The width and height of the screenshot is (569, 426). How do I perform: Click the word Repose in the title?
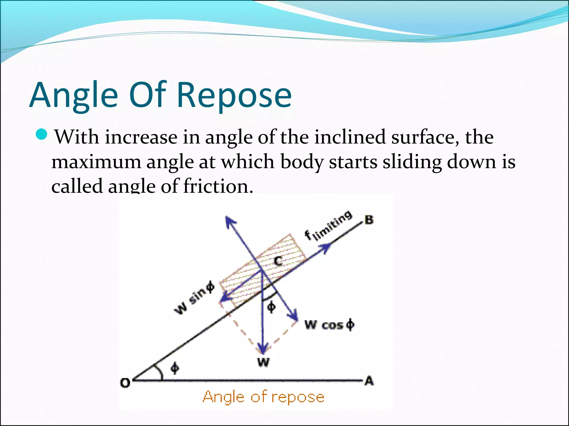pyautogui.click(x=234, y=95)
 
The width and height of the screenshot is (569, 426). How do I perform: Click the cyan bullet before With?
pyautogui.click(x=42, y=135)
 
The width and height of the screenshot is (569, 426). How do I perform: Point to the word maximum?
pyautogui.click(x=96, y=162)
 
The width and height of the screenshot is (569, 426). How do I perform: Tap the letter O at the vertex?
pyautogui.click(x=125, y=383)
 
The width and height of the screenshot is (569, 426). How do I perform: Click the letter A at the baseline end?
pyautogui.click(x=369, y=381)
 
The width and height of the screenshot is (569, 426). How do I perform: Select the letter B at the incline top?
pyautogui.click(x=369, y=220)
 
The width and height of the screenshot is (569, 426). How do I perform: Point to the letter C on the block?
pyautogui.click(x=278, y=261)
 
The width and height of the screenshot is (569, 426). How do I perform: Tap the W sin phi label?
pyautogui.click(x=194, y=298)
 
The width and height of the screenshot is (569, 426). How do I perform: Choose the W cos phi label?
pyautogui.click(x=330, y=324)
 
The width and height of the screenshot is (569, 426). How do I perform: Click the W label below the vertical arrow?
pyautogui.click(x=263, y=362)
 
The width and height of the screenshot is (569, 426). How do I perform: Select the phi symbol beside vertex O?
pyautogui.click(x=175, y=368)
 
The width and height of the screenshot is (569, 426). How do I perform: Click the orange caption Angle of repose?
pyautogui.click(x=263, y=397)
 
